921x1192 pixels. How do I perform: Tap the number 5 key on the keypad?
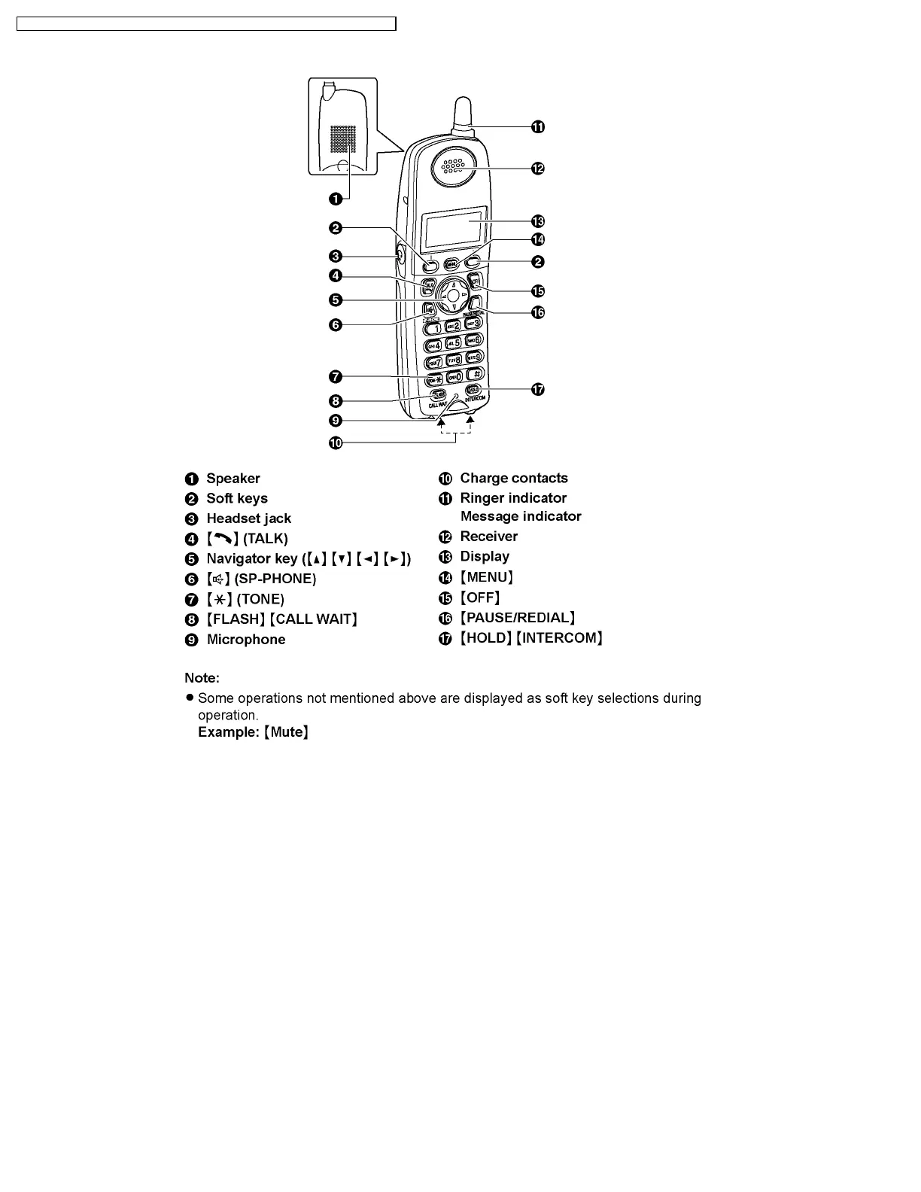454,342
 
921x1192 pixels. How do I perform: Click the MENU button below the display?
451,264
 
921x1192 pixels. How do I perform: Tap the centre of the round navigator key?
452,296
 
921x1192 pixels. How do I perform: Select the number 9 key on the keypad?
475,357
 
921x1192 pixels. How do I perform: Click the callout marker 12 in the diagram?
537,169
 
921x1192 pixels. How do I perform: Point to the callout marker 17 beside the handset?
538,389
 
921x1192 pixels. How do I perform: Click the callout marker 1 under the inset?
336,198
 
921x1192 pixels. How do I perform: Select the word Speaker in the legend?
233,479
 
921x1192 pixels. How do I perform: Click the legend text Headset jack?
248,518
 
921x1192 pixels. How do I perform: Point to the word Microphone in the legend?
246,640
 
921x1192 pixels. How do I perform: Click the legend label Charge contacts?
514,479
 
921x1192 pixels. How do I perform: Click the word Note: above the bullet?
202,678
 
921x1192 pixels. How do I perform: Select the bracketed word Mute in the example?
287,732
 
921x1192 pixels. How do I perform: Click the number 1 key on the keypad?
434,327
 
